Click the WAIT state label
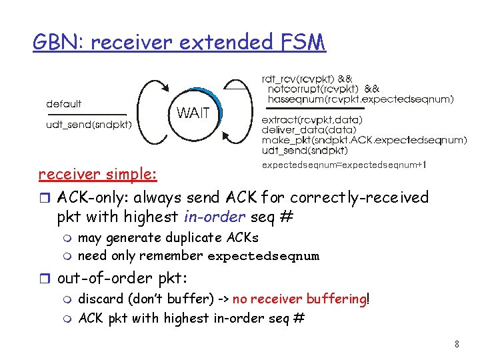pos(193,113)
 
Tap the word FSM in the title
pos(299,43)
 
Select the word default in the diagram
pos(64,104)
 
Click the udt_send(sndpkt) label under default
pos(89,124)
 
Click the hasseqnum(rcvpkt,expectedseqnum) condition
pos(360,99)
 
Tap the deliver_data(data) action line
pos(309,129)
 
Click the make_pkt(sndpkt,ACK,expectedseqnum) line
pos(363,140)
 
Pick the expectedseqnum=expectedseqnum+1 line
pos(344,164)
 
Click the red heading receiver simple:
pos(98,175)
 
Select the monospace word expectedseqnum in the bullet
pos(263,256)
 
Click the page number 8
pos(457,345)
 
